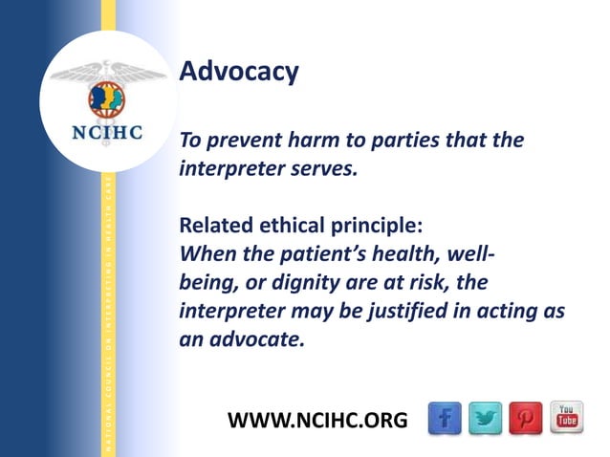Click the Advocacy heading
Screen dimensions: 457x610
[239, 72]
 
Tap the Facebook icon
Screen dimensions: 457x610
[444, 417]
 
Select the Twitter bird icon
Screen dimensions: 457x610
[486, 417]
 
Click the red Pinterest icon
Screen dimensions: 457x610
[526, 417]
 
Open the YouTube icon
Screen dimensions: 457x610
[566, 417]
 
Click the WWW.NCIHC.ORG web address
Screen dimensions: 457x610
[318, 420]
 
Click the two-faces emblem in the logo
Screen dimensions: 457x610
[107, 98]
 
